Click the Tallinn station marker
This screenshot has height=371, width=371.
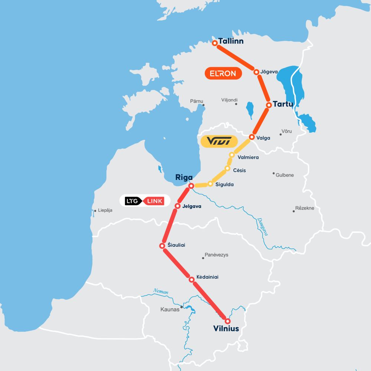coord(214,43)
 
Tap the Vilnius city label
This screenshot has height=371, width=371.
coord(226,328)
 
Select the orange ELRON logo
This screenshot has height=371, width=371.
coord(223,73)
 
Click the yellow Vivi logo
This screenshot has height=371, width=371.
coord(219,141)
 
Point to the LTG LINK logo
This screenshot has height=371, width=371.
coord(145,201)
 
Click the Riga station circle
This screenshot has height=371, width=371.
coord(191,186)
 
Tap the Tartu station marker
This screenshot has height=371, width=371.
coord(269,105)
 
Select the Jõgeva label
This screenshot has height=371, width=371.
coord(269,72)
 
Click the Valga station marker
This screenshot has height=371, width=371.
coord(251,137)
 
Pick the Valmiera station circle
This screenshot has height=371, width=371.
coord(232,155)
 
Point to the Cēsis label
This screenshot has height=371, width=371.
coord(239,170)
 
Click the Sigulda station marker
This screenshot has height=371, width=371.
coord(210,184)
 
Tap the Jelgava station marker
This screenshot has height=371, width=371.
coord(178,206)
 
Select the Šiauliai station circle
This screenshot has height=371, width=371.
coord(162,246)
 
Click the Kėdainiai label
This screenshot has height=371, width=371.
coord(207,277)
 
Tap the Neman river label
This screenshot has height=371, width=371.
coord(160,292)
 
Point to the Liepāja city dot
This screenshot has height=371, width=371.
coord(95,211)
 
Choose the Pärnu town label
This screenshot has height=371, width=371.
coord(196,101)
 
